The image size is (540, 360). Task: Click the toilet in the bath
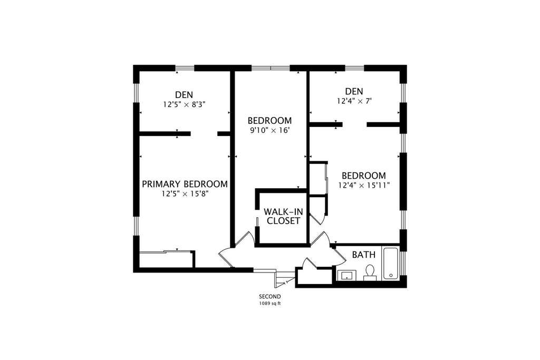[x=370, y=271]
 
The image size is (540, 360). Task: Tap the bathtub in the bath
[x=391, y=264]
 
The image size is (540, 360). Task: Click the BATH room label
[x=364, y=255]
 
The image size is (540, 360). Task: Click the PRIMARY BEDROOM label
[x=185, y=184]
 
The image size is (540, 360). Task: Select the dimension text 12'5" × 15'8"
[x=186, y=194]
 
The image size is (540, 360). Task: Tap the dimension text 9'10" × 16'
[x=269, y=130]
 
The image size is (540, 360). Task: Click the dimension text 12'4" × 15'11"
[x=364, y=185]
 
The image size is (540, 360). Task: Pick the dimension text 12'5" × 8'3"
[x=184, y=104]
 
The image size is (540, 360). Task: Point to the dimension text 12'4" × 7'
[x=354, y=101]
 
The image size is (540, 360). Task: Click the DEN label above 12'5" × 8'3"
[x=184, y=95]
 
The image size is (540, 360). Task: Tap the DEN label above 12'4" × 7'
[x=354, y=92]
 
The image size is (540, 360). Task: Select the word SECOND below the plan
[x=269, y=296]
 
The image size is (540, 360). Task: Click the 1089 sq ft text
[x=269, y=304]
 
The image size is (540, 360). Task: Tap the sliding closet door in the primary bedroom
[x=165, y=252]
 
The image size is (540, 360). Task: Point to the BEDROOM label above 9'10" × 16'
[x=269, y=121]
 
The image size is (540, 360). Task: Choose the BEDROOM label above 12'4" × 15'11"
[x=364, y=176]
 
